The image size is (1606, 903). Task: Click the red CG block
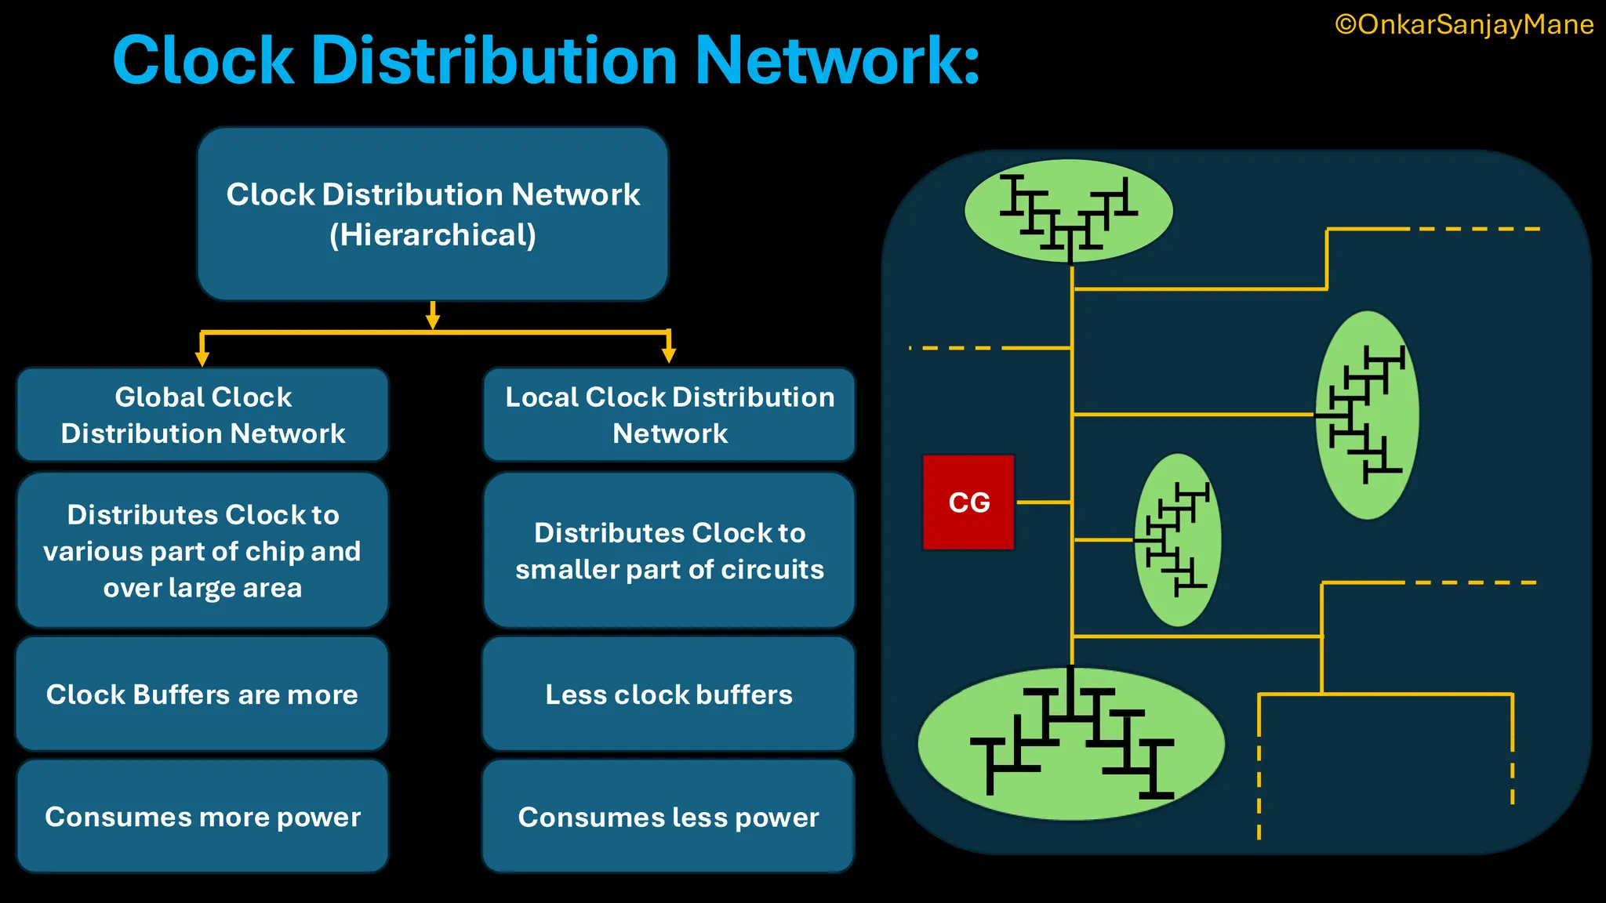[x=968, y=502]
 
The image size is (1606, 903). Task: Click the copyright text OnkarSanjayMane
[x=1464, y=25]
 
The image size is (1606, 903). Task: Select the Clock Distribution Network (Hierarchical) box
[x=432, y=214]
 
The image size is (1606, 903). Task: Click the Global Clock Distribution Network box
[x=202, y=415]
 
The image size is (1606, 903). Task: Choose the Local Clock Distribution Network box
[x=669, y=415]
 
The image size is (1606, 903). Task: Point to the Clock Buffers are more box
[x=202, y=694]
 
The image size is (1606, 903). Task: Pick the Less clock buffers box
[x=669, y=694]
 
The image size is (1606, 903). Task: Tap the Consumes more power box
[x=202, y=817]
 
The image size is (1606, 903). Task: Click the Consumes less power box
[x=669, y=817]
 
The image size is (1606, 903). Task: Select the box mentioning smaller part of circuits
[x=669, y=550]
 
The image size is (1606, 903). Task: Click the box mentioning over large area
[x=202, y=550]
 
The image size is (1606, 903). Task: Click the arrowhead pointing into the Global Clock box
[x=202, y=358]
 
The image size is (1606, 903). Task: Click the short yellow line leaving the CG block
[x=1043, y=502]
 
